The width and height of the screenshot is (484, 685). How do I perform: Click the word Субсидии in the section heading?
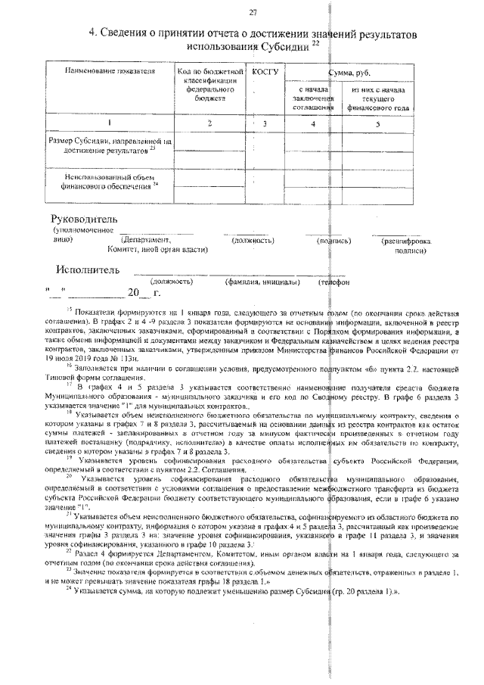(x=285, y=46)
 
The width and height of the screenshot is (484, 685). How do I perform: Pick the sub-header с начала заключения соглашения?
(x=313, y=99)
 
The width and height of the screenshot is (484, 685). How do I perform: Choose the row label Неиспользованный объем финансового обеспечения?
(x=108, y=181)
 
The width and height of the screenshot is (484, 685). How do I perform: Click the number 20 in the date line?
(x=134, y=292)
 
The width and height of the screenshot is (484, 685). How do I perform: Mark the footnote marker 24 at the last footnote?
(x=70, y=587)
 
